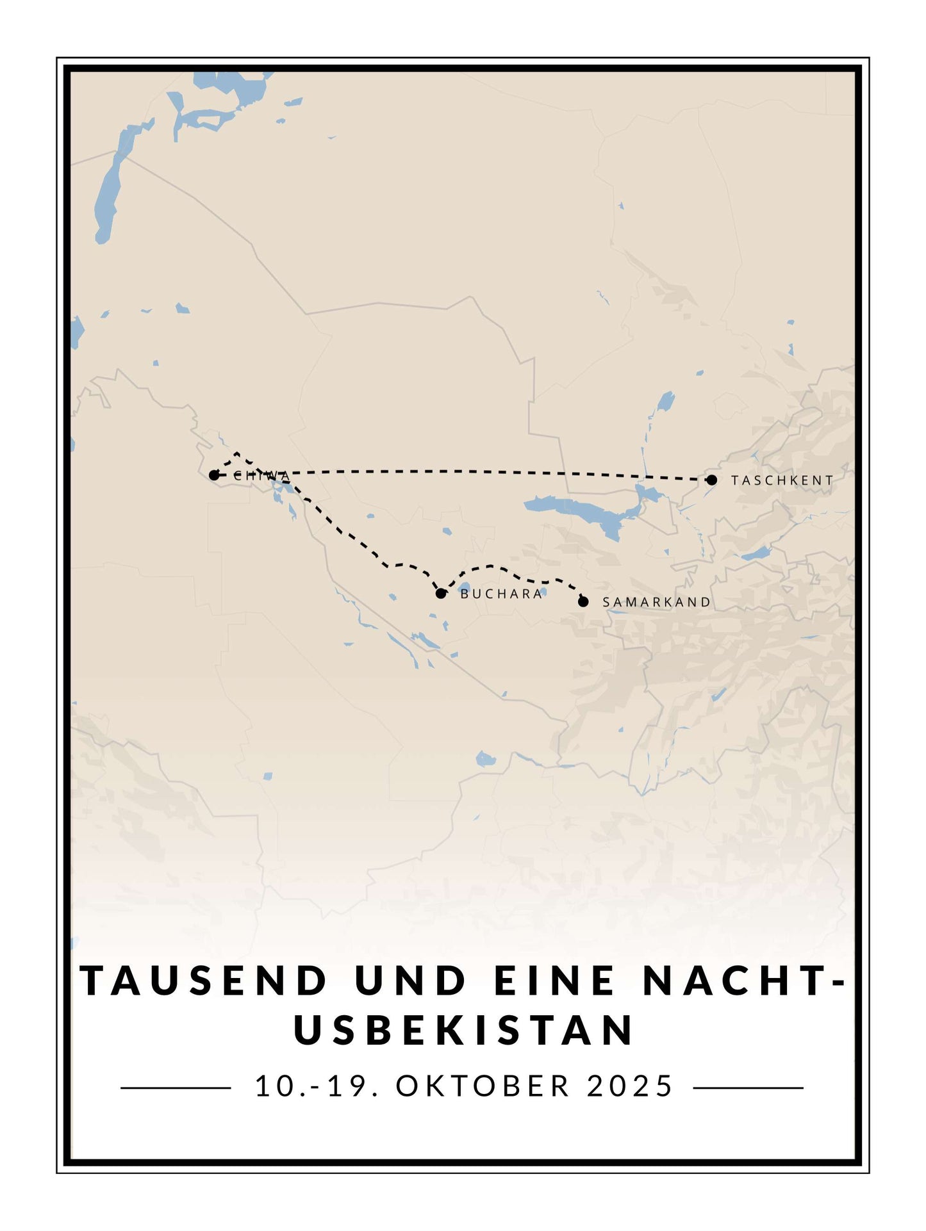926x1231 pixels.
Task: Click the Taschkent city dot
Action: tap(711, 480)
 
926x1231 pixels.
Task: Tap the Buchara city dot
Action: tap(441, 593)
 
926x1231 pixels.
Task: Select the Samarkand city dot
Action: tap(583, 601)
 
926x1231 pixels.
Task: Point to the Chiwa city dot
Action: tap(214, 475)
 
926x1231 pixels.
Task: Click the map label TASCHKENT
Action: tap(782, 480)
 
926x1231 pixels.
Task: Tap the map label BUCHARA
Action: tap(502, 594)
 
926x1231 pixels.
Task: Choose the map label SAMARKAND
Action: tap(657, 602)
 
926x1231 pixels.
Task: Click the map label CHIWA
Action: tap(262, 476)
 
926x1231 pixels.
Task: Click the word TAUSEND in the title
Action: tap(204, 981)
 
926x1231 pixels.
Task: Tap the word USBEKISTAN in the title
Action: tap(464, 1031)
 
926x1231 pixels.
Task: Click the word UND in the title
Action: tap(410, 981)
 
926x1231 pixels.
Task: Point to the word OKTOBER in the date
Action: tap(483, 1086)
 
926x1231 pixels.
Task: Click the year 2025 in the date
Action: tap(630, 1086)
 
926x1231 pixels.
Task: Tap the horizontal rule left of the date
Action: tap(176, 1088)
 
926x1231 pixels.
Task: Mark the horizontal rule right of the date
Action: tap(748, 1088)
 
